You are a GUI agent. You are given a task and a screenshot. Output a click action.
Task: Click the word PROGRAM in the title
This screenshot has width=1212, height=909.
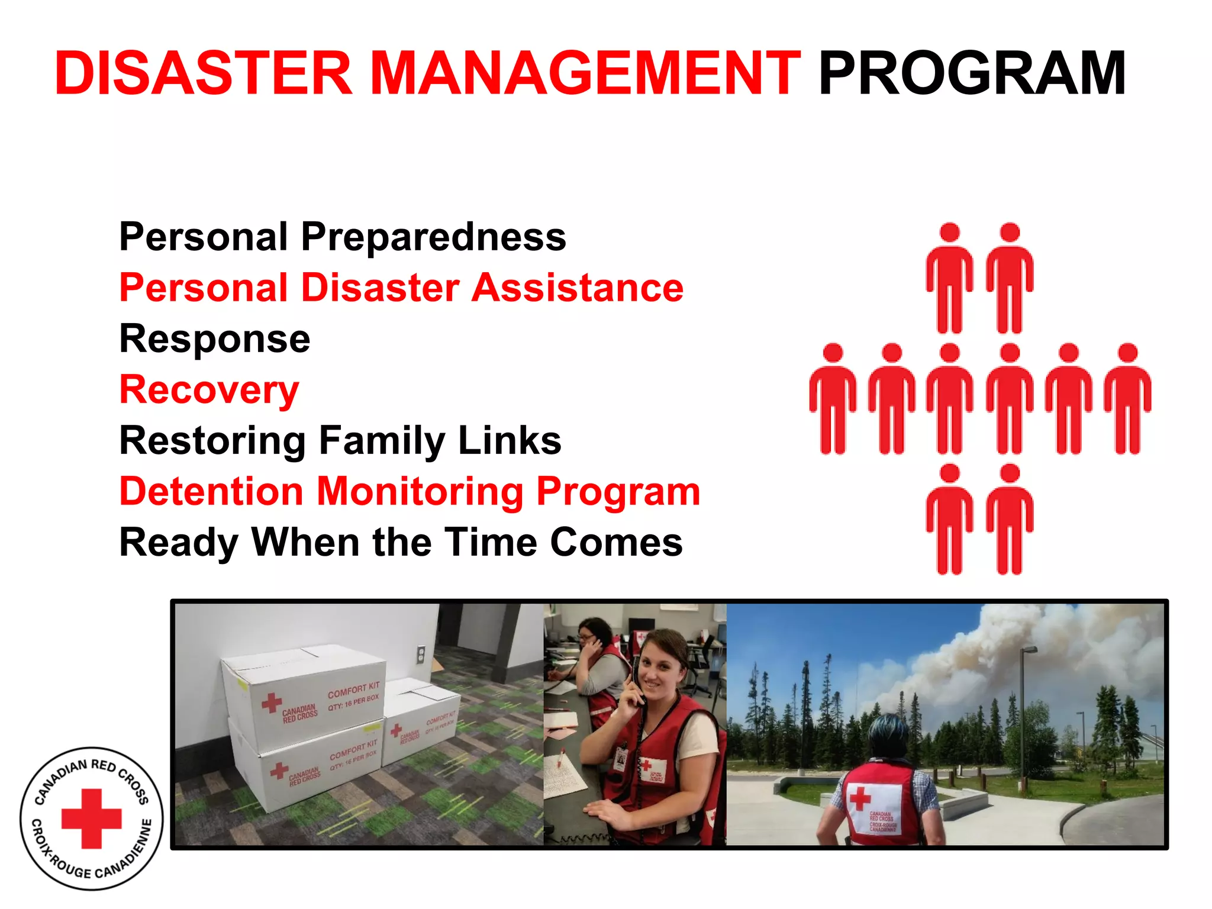point(972,73)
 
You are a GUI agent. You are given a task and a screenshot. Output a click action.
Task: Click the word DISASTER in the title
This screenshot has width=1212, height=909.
point(203,73)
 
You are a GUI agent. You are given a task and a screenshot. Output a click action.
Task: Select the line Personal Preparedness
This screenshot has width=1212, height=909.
point(342,237)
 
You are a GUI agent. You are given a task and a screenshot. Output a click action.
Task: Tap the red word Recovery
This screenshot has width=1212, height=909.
point(209,390)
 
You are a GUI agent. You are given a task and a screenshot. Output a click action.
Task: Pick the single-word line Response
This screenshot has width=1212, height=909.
point(214,339)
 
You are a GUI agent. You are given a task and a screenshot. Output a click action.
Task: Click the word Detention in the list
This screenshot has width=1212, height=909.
point(211,492)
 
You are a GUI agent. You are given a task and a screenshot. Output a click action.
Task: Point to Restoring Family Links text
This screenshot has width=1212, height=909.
point(340,441)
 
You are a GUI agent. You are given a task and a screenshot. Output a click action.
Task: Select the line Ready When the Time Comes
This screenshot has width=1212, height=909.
point(401,543)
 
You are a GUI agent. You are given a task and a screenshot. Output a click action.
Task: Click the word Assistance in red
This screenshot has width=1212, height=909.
point(577,288)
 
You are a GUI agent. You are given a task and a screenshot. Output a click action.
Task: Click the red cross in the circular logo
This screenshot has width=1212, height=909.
point(92,818)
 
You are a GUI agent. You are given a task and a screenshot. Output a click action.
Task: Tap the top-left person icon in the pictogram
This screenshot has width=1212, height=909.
point(949,278)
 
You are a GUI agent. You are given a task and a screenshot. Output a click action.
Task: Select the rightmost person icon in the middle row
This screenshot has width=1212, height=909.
point(1127,398)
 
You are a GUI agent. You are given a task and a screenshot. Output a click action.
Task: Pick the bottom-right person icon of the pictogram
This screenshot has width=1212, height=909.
point(1010,519)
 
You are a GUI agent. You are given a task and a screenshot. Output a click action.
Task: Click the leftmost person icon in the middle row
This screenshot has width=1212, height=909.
point(833,398)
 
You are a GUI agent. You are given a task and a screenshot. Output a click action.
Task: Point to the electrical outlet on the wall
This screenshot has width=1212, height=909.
point(421,654)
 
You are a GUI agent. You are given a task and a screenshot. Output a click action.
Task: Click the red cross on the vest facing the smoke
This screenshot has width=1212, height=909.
point(859,798)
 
